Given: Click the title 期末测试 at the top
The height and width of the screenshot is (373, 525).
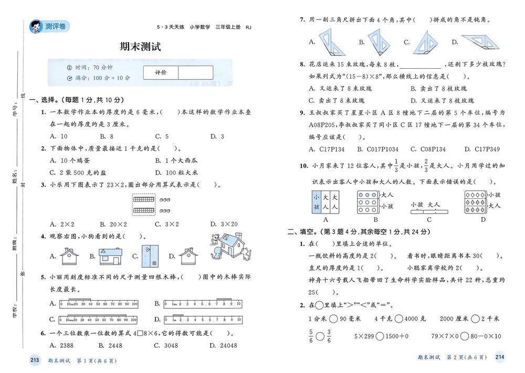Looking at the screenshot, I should (140, 47).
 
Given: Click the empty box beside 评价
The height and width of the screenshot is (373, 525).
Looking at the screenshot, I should (195, 72).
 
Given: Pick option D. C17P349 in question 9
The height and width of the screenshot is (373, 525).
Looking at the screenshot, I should (480, 150).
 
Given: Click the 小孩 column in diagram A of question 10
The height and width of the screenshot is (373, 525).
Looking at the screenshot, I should (316, 202).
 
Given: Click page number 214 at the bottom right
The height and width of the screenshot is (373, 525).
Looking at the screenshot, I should (499, 358).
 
